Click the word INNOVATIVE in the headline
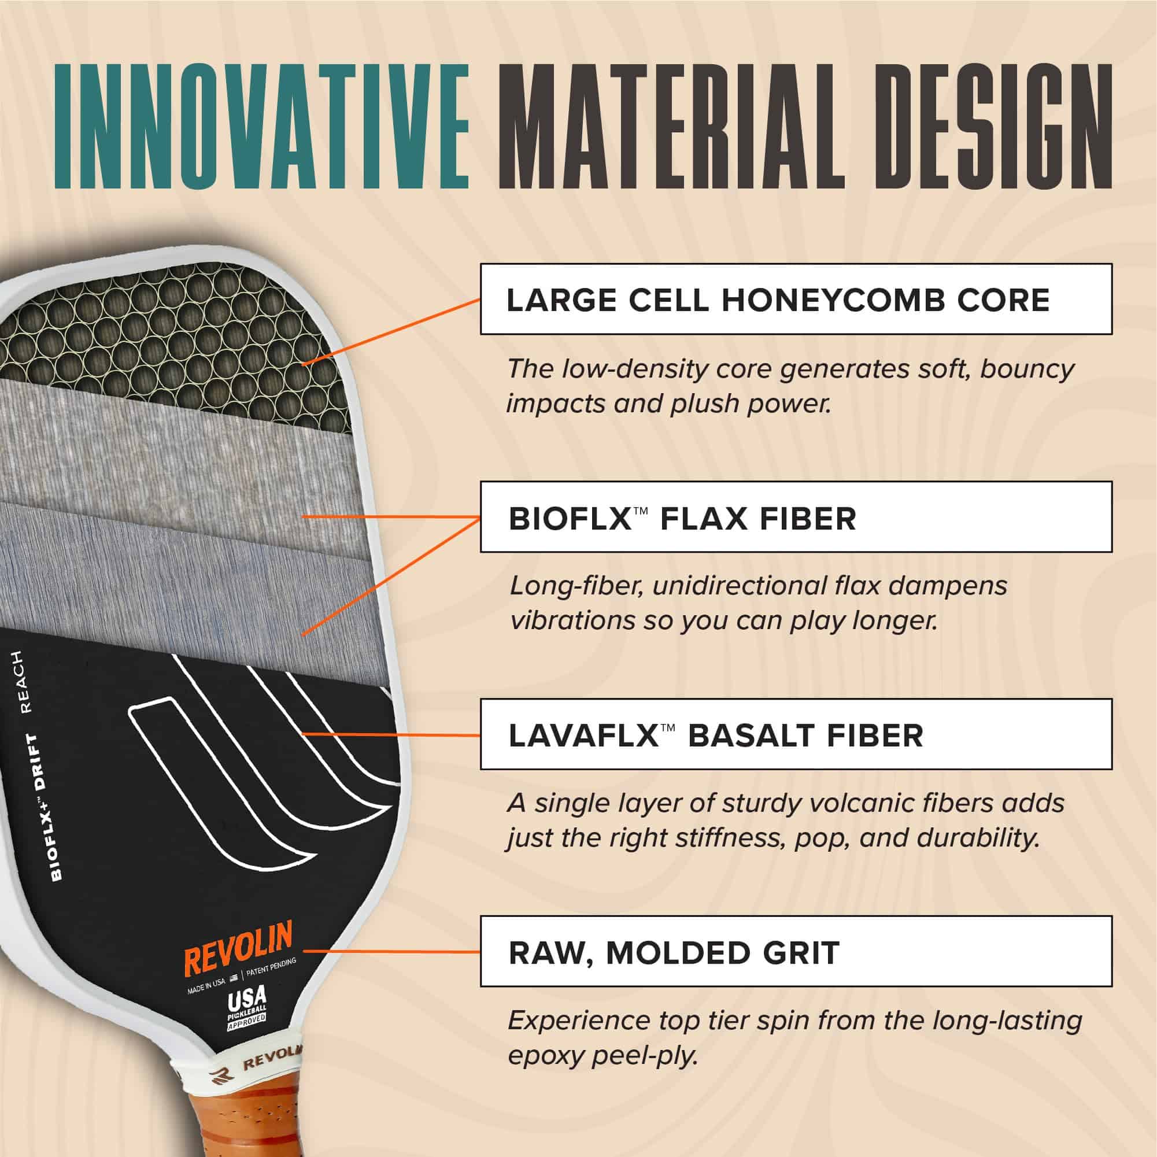coord(263,128)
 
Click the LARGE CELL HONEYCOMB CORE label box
coord(796,298)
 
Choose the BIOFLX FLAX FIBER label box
coord(796,516)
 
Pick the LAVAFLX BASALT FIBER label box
coord(796,734)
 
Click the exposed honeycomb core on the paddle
coord(173,335)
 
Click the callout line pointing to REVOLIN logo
coord(392,951)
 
